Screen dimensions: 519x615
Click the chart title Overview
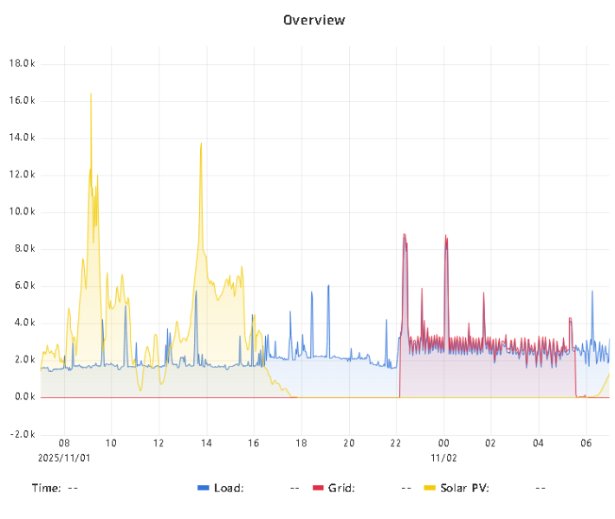314,19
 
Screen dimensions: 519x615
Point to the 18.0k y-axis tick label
22,63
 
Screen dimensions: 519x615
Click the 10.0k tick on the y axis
22,212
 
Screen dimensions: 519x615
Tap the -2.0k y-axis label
22,434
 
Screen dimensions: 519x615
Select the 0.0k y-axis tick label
23,397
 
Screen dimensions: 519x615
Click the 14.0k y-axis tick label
22,138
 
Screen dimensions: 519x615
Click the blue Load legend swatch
204,488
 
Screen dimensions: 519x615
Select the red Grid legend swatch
317,488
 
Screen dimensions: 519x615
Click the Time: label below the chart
47,488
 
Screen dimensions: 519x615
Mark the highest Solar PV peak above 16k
91,94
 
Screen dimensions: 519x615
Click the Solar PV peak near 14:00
201,144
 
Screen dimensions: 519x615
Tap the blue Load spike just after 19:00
328,286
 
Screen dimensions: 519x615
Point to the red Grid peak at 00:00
445,236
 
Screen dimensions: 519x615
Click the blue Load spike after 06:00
592,292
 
